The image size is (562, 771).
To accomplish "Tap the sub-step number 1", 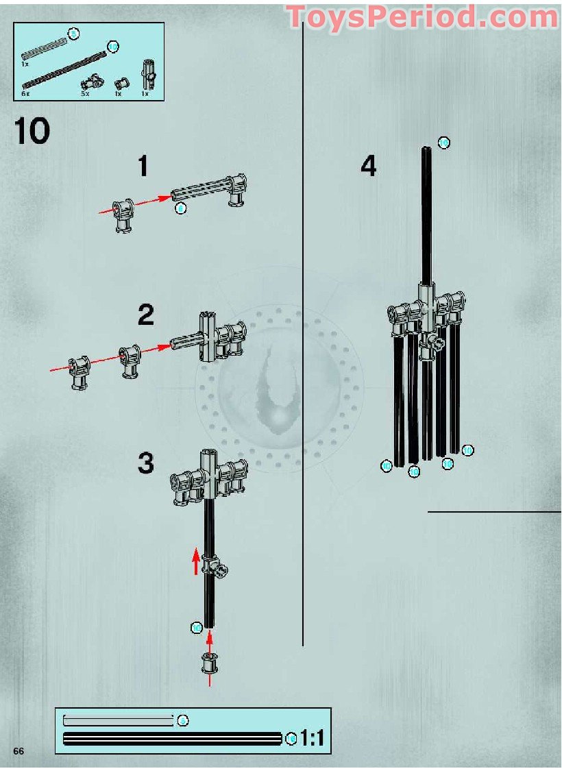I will (143, 167).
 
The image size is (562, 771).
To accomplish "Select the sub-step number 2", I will (145, 315).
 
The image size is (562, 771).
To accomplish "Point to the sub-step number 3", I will (145, 463).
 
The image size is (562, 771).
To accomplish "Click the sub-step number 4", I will (369, 167).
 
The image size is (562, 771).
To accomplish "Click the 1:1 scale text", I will (313, 739).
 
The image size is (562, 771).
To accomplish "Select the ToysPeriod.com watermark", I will (422, 17).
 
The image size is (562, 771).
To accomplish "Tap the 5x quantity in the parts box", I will (85, 93).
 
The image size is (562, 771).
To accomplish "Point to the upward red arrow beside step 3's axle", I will (196, 561).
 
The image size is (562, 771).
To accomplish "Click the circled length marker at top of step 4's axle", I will (443, 143).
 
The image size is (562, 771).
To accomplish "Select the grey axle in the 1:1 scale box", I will (118, 720).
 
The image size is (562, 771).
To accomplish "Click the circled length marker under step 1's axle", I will (180, 208).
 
